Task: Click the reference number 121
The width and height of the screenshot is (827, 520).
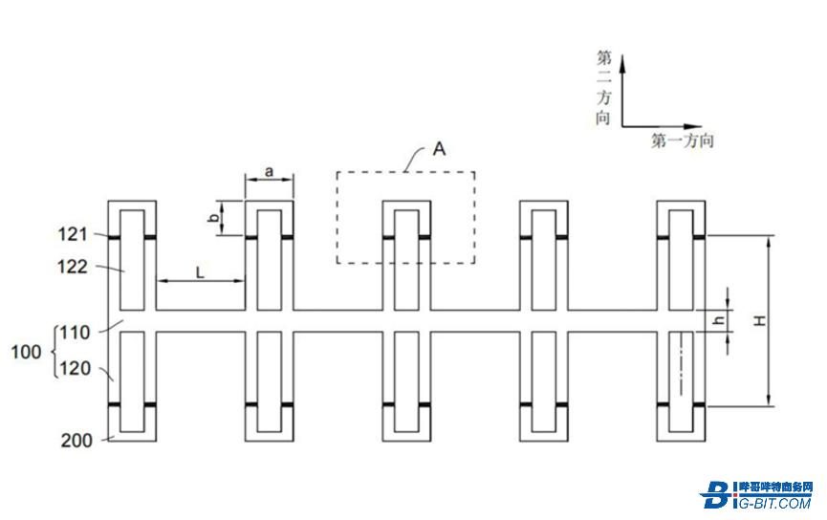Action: (73, 233)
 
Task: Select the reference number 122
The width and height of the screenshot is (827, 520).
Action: (73, 267)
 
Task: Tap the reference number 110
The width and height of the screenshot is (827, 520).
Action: (75, 333)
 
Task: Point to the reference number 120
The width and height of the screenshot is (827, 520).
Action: (75, 368)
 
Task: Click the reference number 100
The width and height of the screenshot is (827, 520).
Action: (27, 351)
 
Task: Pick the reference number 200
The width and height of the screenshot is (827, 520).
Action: (76, 441)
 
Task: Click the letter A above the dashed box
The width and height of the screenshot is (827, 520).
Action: (439, 149)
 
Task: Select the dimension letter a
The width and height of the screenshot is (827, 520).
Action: (269, 171)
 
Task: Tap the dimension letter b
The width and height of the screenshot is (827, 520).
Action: (213, 217)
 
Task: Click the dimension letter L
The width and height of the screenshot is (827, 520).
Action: (200, 272)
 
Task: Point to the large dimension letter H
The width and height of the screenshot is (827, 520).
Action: (759, 320)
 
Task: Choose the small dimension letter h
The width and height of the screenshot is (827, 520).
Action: (719, 320)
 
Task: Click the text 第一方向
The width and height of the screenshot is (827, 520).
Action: (683, 141)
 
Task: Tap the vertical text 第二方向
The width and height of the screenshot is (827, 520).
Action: (603, 88)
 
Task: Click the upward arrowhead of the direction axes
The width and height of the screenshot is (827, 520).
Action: (622, 62)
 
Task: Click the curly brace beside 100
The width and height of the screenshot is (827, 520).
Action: (55, 352)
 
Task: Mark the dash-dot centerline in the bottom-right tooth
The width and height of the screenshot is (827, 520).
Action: (681, 364)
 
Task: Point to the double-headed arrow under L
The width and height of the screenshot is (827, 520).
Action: (201, 281)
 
